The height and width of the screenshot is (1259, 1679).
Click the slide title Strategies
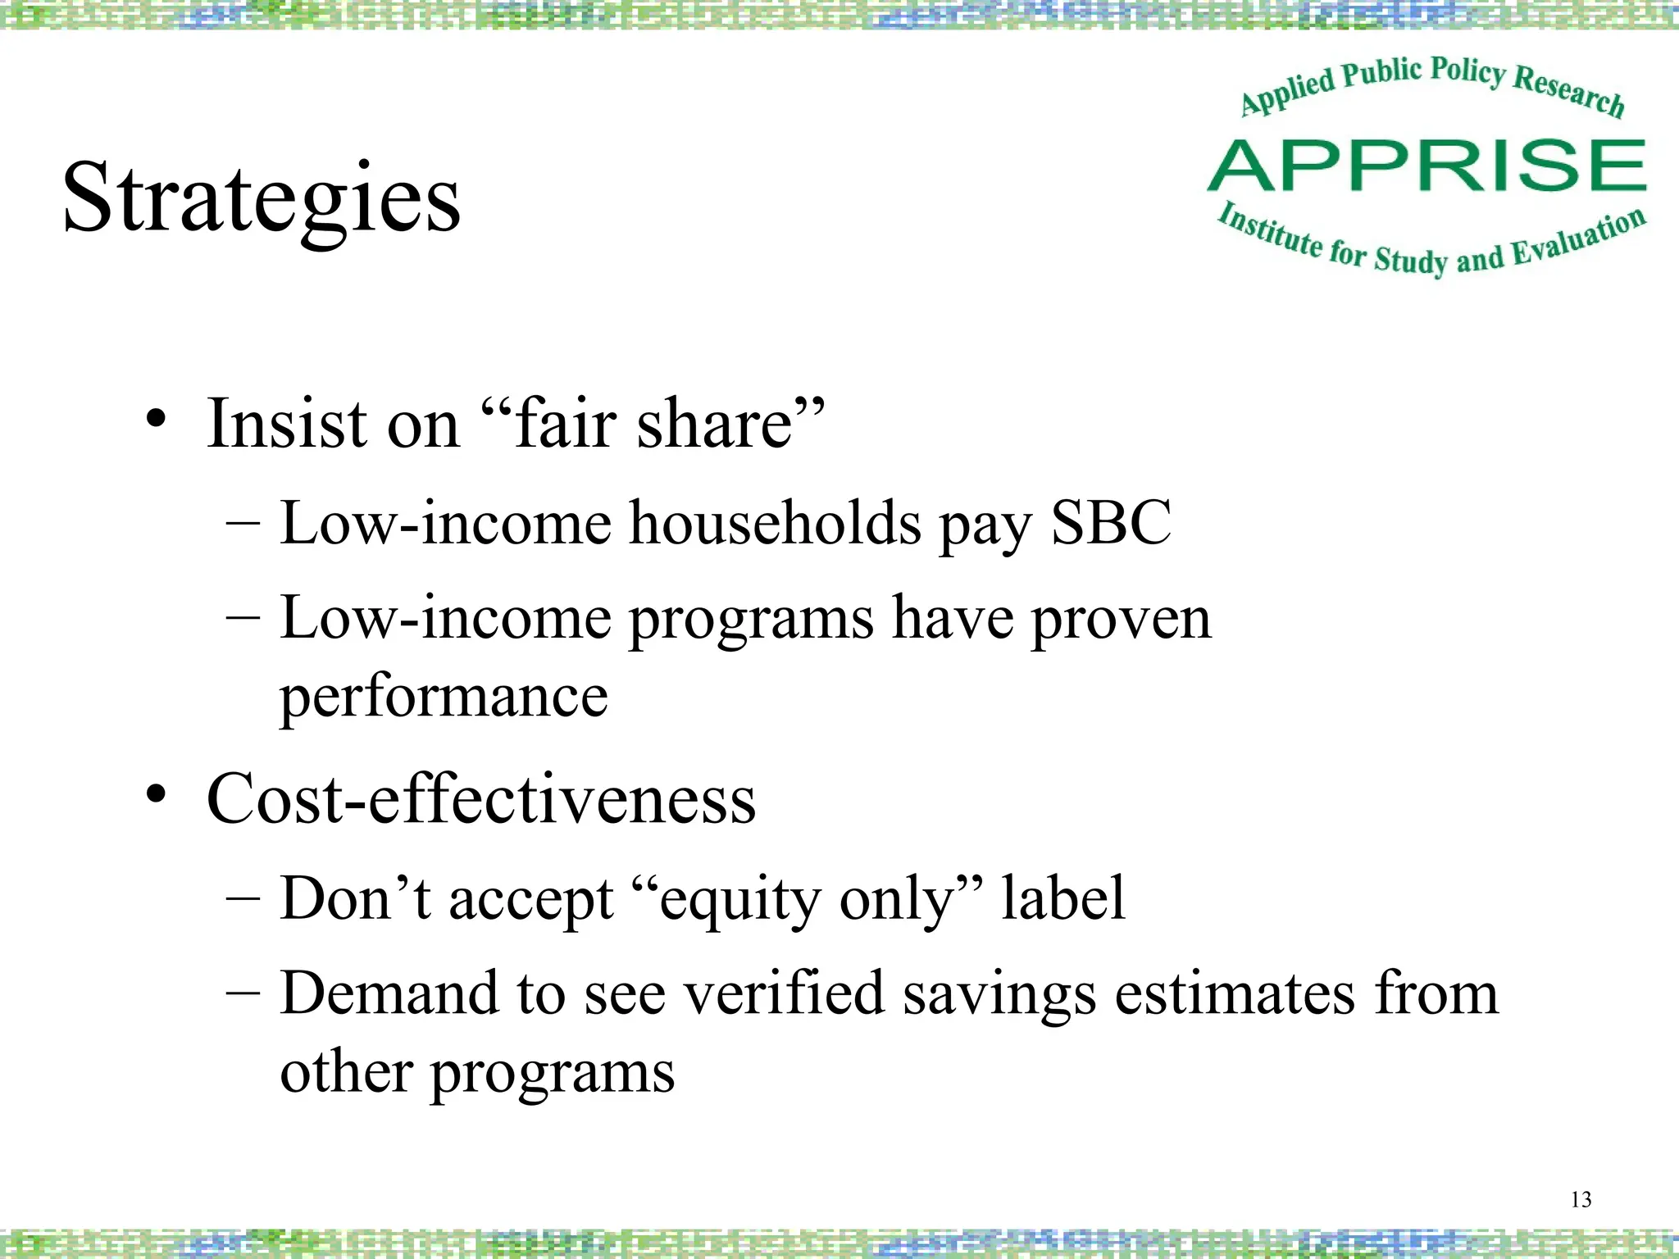(262, 199)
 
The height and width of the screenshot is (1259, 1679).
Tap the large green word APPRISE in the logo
(1426, 166)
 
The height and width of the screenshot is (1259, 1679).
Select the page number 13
(1581, 1200)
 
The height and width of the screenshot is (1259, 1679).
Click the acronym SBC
(1111, 522)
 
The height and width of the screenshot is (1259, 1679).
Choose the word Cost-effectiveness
(481, 798)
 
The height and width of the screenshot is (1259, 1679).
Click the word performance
(444, 697)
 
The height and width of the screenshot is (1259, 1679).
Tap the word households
(775, 522)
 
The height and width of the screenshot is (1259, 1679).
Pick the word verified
(785, 993)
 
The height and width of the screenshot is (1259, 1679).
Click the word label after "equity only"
(1062, 898)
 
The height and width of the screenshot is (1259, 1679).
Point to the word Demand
(389, 993)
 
